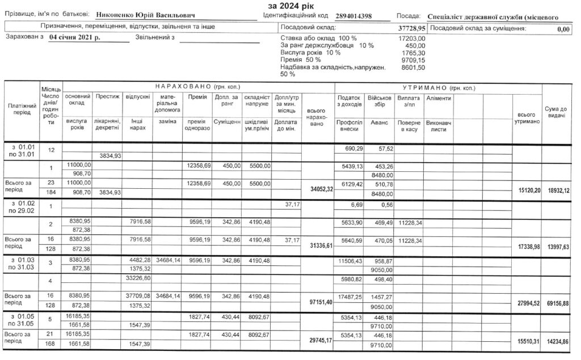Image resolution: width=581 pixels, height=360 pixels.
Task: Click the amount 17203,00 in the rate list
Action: pyautogui.click(x=412, y=38)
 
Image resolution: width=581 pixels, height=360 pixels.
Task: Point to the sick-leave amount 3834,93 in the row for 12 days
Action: pyautogui.click(x=107, y=155)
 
